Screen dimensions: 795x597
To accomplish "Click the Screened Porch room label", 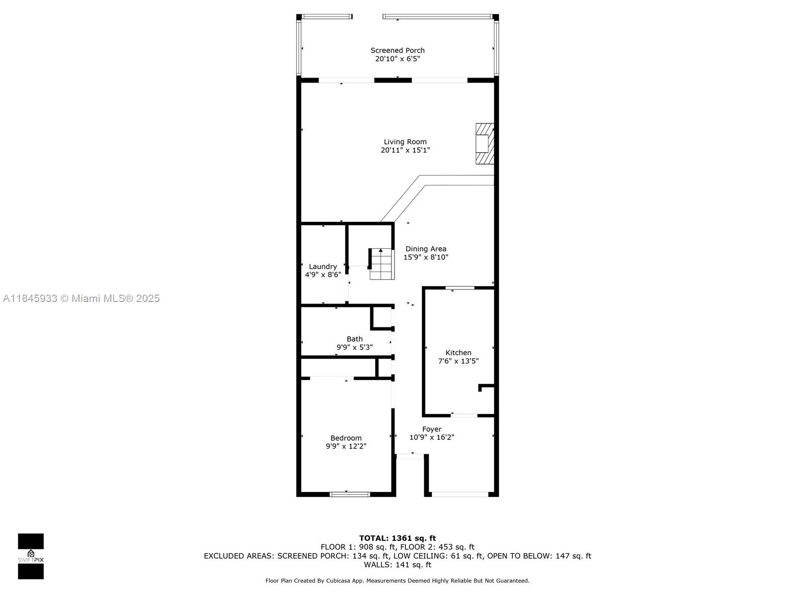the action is coord(397,50).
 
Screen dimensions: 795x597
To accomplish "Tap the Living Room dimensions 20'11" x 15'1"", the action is coord(405,150).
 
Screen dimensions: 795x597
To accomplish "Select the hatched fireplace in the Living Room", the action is coord(484,144).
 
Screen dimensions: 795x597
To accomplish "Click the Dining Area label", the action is coord(425,249).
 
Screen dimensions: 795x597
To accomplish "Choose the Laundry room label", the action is coord(322,267).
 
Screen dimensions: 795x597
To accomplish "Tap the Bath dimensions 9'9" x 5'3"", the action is coord(355,347).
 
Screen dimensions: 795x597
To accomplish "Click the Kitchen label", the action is coord(458,353).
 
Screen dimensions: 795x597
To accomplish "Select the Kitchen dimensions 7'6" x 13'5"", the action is coord(458,361).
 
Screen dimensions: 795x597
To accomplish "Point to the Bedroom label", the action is coord(346,438).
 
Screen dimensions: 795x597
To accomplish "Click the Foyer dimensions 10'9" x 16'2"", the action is coord(432,437).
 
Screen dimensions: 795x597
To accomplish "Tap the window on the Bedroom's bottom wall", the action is coord(349,494).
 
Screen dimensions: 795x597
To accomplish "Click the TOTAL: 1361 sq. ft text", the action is coord(397,538).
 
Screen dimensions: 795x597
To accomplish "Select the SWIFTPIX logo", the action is coord(31,556).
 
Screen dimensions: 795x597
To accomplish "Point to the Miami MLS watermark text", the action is coord(81,298).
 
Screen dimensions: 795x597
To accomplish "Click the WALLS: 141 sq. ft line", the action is coord(397,565).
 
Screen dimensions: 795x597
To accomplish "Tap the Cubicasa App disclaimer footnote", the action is coord(397,581).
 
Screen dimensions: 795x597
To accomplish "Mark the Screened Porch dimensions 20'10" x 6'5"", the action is coord(397,59).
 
